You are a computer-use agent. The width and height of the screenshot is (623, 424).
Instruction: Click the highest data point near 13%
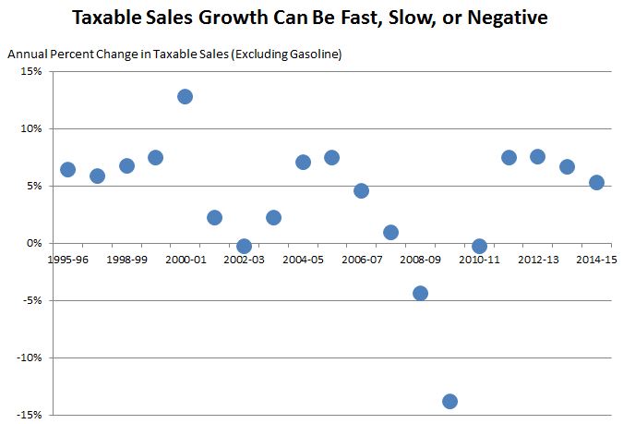[185, 96]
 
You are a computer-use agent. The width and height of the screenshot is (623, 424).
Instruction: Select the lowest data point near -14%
[449, 401]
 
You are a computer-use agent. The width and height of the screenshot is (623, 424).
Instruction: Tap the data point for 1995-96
[67, 169]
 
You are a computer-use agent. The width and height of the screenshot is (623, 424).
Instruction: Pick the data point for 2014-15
[596, 182]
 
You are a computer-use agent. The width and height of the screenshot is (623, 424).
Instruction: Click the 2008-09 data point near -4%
[420, 293]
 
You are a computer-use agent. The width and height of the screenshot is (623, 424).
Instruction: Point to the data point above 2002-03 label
[244, 246]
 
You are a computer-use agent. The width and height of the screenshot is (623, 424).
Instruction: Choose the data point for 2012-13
[537, 156]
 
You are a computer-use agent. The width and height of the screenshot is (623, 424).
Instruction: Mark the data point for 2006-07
[361, 190]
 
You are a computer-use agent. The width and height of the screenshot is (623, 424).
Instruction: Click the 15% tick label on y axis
[30, 71]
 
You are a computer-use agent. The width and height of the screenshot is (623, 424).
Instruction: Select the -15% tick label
[29, 415]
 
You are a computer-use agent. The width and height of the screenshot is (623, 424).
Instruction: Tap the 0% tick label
[33, 243]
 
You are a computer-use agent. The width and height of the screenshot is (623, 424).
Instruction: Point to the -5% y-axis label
[31, 300]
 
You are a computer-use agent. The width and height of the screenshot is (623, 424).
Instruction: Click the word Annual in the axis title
[26, 55]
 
